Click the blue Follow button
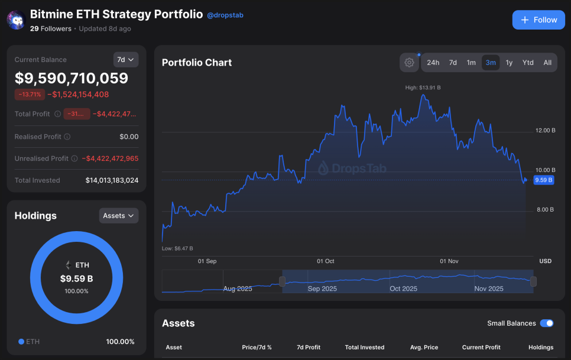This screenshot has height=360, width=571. coord(538,20)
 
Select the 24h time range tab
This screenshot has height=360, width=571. coord(433,63)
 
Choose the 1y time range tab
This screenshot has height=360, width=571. coord(509,63)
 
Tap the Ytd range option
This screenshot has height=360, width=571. coord(528,63)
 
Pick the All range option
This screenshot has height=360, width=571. coord(547,63)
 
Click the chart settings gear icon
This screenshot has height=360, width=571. coord(409,63)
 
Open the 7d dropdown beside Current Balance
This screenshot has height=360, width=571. coord(125,60)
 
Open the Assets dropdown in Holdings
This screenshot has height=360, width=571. coord(119,216)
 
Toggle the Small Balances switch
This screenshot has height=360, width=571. coord(547,323)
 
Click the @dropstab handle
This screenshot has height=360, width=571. coord(225,15)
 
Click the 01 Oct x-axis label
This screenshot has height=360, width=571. coord(326,261)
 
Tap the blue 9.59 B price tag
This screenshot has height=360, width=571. coord(543,180)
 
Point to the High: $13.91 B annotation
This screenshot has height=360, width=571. coord(423,87)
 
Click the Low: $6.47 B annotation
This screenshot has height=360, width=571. coord(177,248)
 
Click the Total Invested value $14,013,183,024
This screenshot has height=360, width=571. coord(112,180)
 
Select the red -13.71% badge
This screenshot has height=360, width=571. coord(30,95)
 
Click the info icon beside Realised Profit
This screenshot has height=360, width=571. coord(67,137)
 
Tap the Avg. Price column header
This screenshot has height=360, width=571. coord(423,348)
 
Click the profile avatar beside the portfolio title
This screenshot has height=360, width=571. coord(15,20)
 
